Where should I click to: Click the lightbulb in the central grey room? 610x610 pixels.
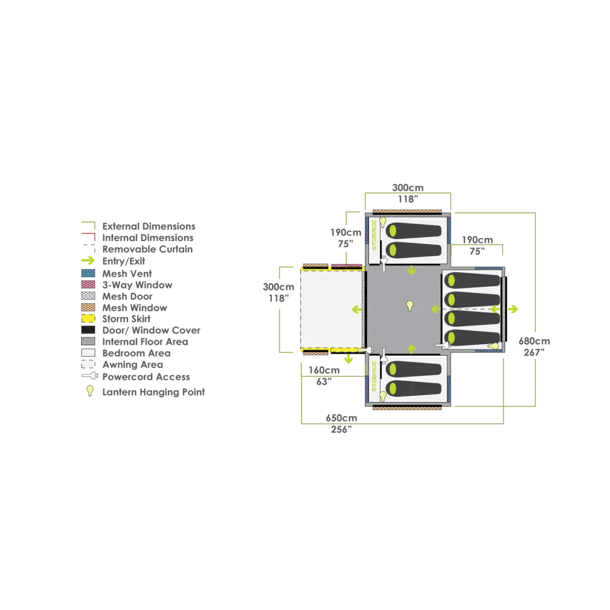[x=410, y=305]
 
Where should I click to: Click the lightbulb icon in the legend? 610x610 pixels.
[x=90, y=390]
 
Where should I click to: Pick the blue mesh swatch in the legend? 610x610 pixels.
[x=88, y=273]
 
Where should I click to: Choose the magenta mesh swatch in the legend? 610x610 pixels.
[x=88, y=284]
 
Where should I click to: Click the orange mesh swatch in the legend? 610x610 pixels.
[x=88, y=307]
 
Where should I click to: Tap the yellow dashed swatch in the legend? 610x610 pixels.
[x=88, y=318]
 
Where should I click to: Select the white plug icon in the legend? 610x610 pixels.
[x=91, y=375]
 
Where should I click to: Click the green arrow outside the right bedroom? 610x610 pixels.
[x=514, y=309]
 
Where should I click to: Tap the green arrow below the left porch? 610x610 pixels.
[x=349, y=359]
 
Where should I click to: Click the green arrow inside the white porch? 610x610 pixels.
[x=356, y=309]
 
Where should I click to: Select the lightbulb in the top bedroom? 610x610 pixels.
[x=383, y=221]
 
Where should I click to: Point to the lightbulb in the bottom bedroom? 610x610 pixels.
[x=383, y=396]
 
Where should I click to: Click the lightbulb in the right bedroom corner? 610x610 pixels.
[x=495, y=346]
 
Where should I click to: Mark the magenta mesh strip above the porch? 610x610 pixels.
[x=346, y=265]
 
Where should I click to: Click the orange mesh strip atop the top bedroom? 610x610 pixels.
[x=407, y=211]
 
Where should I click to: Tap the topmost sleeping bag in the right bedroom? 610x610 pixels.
[x=472, y=281]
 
